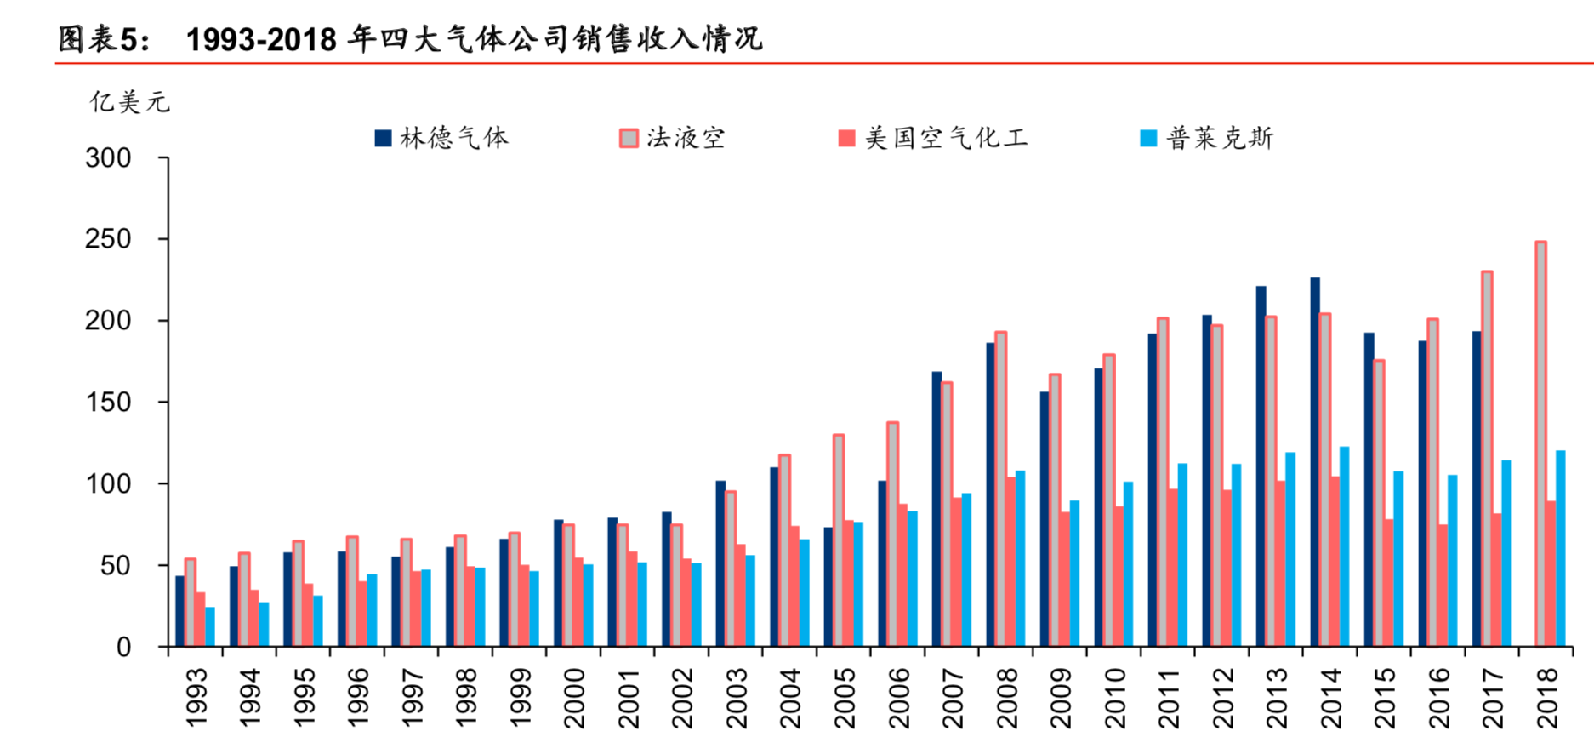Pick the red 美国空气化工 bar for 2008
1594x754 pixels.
pyautogui.click(x=1010, y=562)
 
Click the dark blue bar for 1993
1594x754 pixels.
pyautogui.click(x=179, y=611)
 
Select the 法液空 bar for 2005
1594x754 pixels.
pyautogui.click(x=839, y=540)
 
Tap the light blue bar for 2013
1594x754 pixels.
pyautogui.click(x=1290, y=549)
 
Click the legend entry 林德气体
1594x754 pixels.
pyautogui.click(x=442, y=138)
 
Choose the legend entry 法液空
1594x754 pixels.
pyautogui.click(x=673, y=138)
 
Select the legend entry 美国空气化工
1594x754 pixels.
pyautogui.click(x=933, y=138)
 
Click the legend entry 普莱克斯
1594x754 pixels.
pyautogui.click(x=1208, y=138)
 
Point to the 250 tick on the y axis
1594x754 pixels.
pyautogui.click(x=108, y=239)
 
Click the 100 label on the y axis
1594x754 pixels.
pyautogui.click(x=108, y=484)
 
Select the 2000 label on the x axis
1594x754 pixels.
pyautogui.click(x=575, y=698)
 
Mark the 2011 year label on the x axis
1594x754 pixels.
pyautogui.click(x=1170, y=698)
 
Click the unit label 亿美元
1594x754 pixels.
pyautogui.click(x=129, y=102)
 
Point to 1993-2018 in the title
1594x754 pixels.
pyautogui.click(x=261, y=39)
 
